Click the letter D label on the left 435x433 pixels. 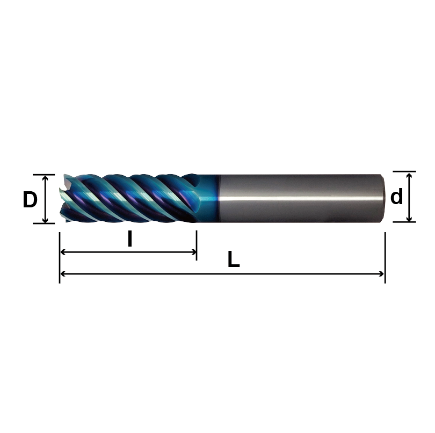coord(30,200)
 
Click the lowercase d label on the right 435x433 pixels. coord(396,198)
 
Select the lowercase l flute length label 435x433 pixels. coord(129,240)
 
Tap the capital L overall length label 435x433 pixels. coord(233,261)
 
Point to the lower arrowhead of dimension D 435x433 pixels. coord(46,220)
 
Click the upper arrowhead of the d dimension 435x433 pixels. coord(409,175)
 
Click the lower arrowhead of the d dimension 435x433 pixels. coord(409,218)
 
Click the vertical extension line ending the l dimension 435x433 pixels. coord(197,245)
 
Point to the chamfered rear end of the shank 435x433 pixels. coord(382,198)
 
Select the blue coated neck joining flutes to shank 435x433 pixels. coord(208,198)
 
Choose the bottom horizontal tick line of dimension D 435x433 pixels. coord(44,223)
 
